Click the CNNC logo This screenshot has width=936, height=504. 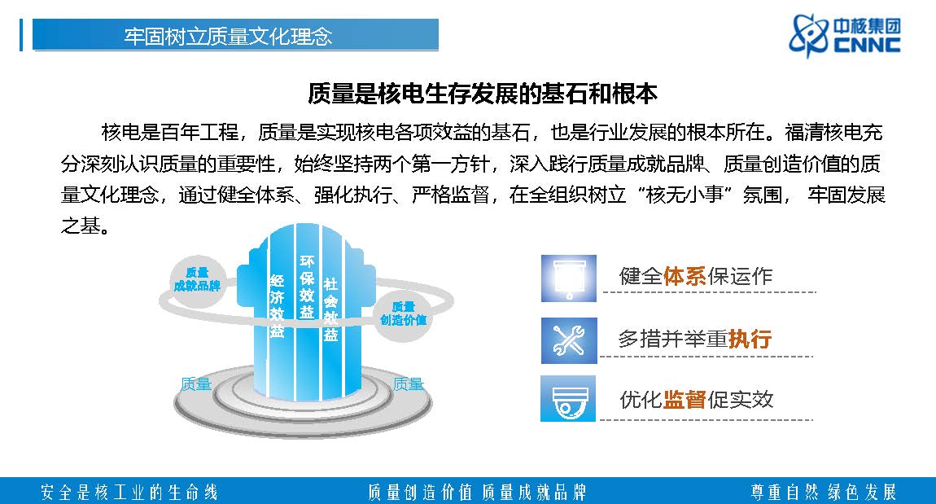point(844,36)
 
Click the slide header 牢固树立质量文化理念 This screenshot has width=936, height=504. point(228,37)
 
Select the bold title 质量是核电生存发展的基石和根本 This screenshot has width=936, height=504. point(483,93)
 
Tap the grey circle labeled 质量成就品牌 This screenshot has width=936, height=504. point(197,281)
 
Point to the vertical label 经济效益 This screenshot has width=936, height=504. point(277,306)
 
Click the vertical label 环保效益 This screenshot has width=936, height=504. point(307,287)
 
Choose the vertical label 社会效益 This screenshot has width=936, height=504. point(330,309)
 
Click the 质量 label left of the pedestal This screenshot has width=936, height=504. point(196,384)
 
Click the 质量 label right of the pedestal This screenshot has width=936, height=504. point(409,384)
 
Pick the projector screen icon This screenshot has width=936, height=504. point(569,278)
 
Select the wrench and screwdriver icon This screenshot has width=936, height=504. point(569,340)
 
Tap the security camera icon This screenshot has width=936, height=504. point(568,398)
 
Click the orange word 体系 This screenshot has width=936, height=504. point(685,277)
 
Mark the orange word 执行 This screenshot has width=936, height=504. point(750,340)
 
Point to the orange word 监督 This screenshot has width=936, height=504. point(685,400)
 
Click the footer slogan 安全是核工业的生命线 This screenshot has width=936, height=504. point(129,492)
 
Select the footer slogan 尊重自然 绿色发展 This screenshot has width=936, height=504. point(824,492)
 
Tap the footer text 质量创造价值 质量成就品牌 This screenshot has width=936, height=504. point(477,492)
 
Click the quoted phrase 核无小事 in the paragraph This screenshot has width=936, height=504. point(685,195)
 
